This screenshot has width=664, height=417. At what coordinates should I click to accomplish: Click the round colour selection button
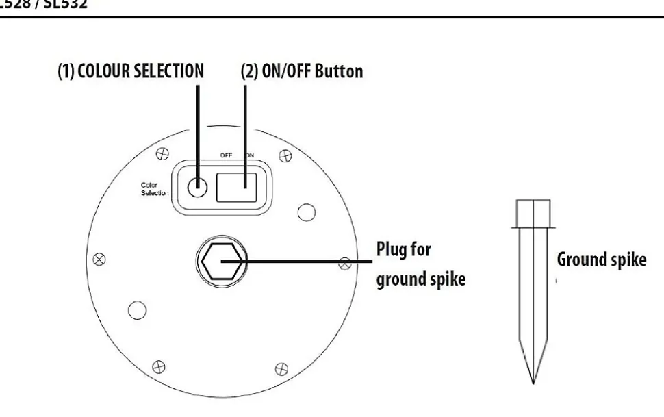[198, 187]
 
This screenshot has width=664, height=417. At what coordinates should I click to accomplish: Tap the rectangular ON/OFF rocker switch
[236, 187]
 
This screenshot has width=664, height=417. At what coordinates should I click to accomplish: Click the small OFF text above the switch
[226, 155]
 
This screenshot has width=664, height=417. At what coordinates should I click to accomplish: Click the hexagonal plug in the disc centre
[220, 261]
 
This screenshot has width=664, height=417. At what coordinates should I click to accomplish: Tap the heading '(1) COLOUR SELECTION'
[131, 71]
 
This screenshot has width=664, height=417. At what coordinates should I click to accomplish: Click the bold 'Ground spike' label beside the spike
[601, 260]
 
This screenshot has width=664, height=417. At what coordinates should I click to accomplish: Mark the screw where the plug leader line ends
[346, 262]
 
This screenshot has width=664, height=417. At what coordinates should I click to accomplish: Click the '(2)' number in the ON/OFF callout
[249, 71]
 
